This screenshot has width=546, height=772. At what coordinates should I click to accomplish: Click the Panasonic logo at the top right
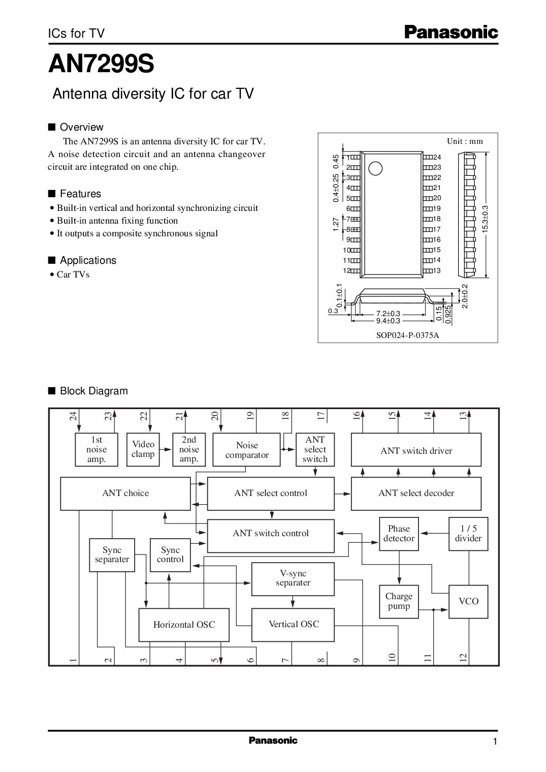(451, 33)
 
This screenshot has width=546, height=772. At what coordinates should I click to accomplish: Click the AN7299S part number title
(101, 64)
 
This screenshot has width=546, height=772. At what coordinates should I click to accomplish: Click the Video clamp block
(143, 449)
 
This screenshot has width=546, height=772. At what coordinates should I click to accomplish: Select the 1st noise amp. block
(97, 449)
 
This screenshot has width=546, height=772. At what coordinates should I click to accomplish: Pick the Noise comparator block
(247, 449)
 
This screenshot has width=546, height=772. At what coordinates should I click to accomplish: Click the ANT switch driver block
(416, 449)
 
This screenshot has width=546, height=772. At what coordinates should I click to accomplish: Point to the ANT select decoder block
(416, 493)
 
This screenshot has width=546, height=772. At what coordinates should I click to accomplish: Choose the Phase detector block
(399, 534)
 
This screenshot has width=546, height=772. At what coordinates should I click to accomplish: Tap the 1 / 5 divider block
(468, 534)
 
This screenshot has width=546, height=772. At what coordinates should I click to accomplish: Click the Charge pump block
(399, 601)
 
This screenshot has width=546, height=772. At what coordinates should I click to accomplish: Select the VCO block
(468, 601)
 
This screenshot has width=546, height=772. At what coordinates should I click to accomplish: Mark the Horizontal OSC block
(184, 625)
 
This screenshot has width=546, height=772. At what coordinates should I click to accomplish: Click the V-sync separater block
(293, 579)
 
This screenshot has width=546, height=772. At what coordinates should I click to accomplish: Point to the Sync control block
(170, 555)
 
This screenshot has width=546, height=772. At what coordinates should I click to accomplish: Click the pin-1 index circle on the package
(375, 169)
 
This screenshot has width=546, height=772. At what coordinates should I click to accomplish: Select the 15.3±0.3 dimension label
(486, 219)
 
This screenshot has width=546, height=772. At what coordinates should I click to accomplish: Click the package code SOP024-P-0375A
(407, 335)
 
